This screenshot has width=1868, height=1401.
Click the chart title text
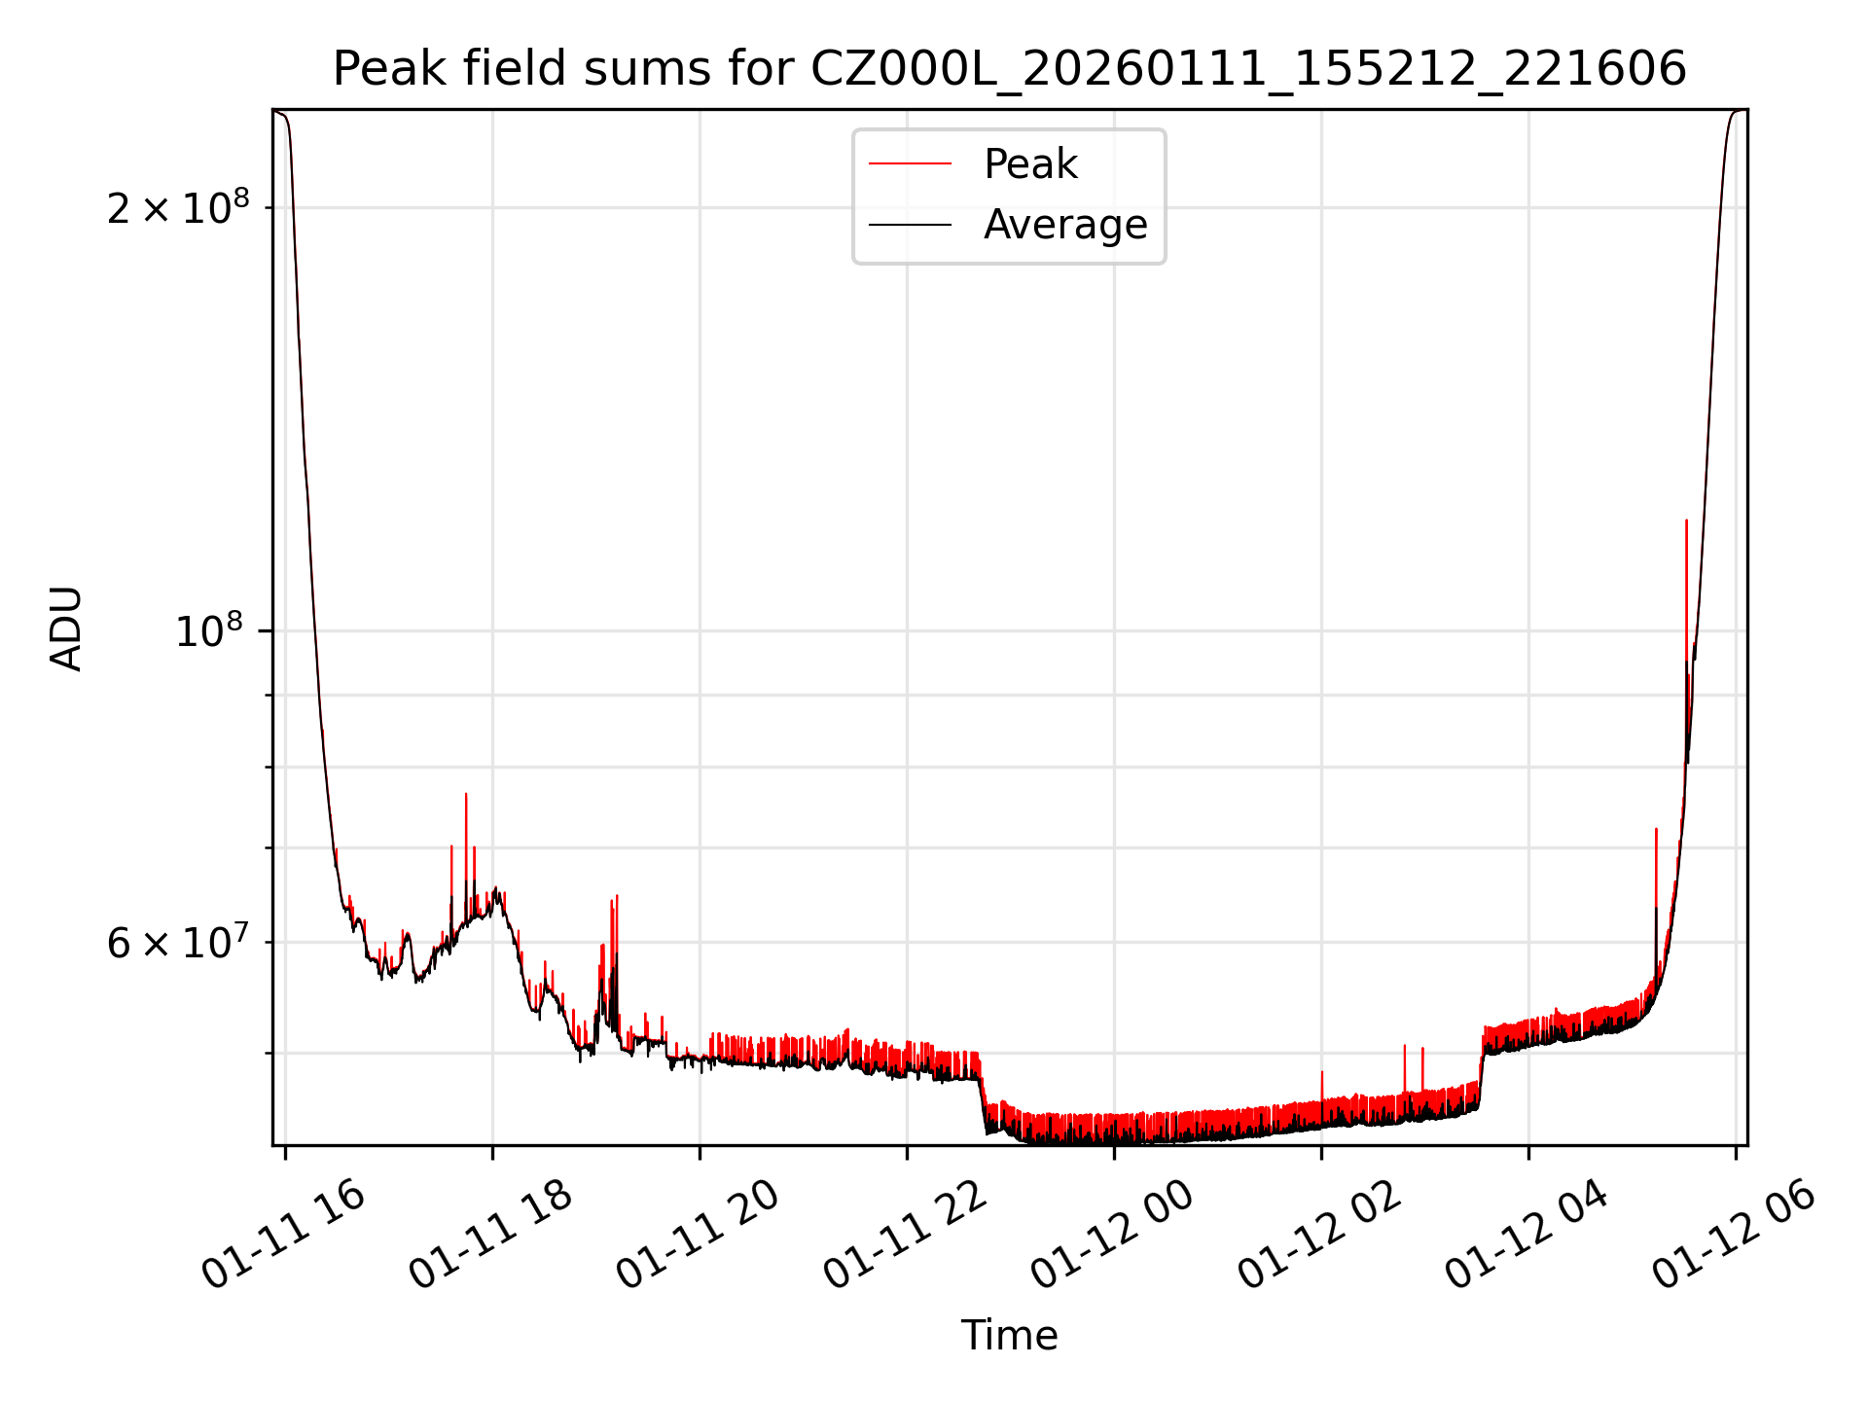[x=1009, y=69]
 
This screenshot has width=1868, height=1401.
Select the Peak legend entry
[x=1029, y=164]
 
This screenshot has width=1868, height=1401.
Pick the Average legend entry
[x=1064, y=225]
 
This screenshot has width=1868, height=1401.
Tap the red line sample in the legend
[x=910, y=164]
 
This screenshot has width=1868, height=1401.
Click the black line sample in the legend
[x=910, y=226]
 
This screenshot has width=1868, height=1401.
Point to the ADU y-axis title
[x=66, y=628]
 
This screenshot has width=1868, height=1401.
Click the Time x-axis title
[x=1009, y=1335]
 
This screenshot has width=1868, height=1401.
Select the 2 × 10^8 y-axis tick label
[x=178, y=207]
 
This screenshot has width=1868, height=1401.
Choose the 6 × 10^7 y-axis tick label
[x=178, y=943]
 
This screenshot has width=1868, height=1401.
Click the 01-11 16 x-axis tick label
[x=282, y=1235]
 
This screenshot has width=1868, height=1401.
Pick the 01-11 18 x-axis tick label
[x=489, y=1235]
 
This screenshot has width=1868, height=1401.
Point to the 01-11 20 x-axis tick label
[x=697, y=1235]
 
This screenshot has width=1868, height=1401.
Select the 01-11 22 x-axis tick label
[x=904, y=1235]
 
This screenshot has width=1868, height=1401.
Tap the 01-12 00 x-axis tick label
[x=1111, y=1235]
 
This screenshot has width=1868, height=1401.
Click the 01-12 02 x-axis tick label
[x=1318, y=1235]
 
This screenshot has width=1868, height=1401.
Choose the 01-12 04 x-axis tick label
[x=1526, y=1235]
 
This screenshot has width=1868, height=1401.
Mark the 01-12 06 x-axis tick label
[x=1733, y=1235]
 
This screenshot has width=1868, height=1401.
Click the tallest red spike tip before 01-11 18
[x=466, y=794]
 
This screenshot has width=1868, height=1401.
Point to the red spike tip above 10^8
[x=1686, y=521]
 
